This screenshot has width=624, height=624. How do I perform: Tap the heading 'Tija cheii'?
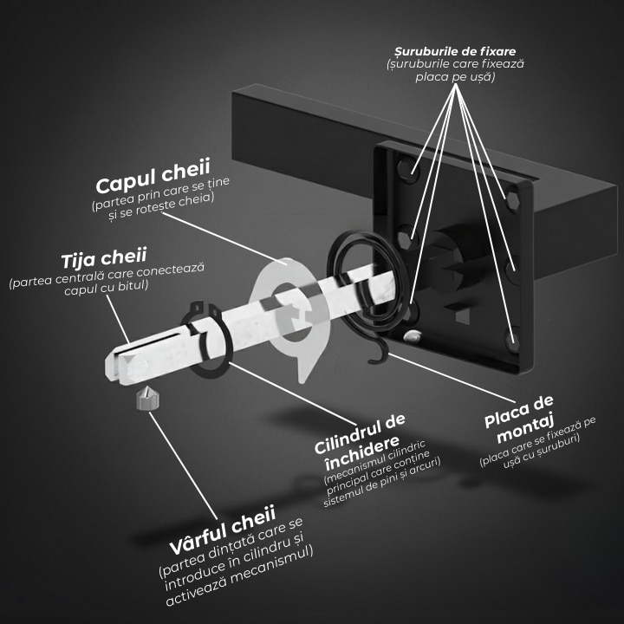coord(104,258)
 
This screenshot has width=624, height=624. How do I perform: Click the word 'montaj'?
coord(525,428)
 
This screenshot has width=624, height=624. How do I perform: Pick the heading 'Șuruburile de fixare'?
coord(455,51)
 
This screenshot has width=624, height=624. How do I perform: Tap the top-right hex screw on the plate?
coord(512,200)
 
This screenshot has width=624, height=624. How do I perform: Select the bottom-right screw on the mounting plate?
coord(512,341)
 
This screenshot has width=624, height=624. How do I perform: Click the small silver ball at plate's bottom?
coord(412,336)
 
